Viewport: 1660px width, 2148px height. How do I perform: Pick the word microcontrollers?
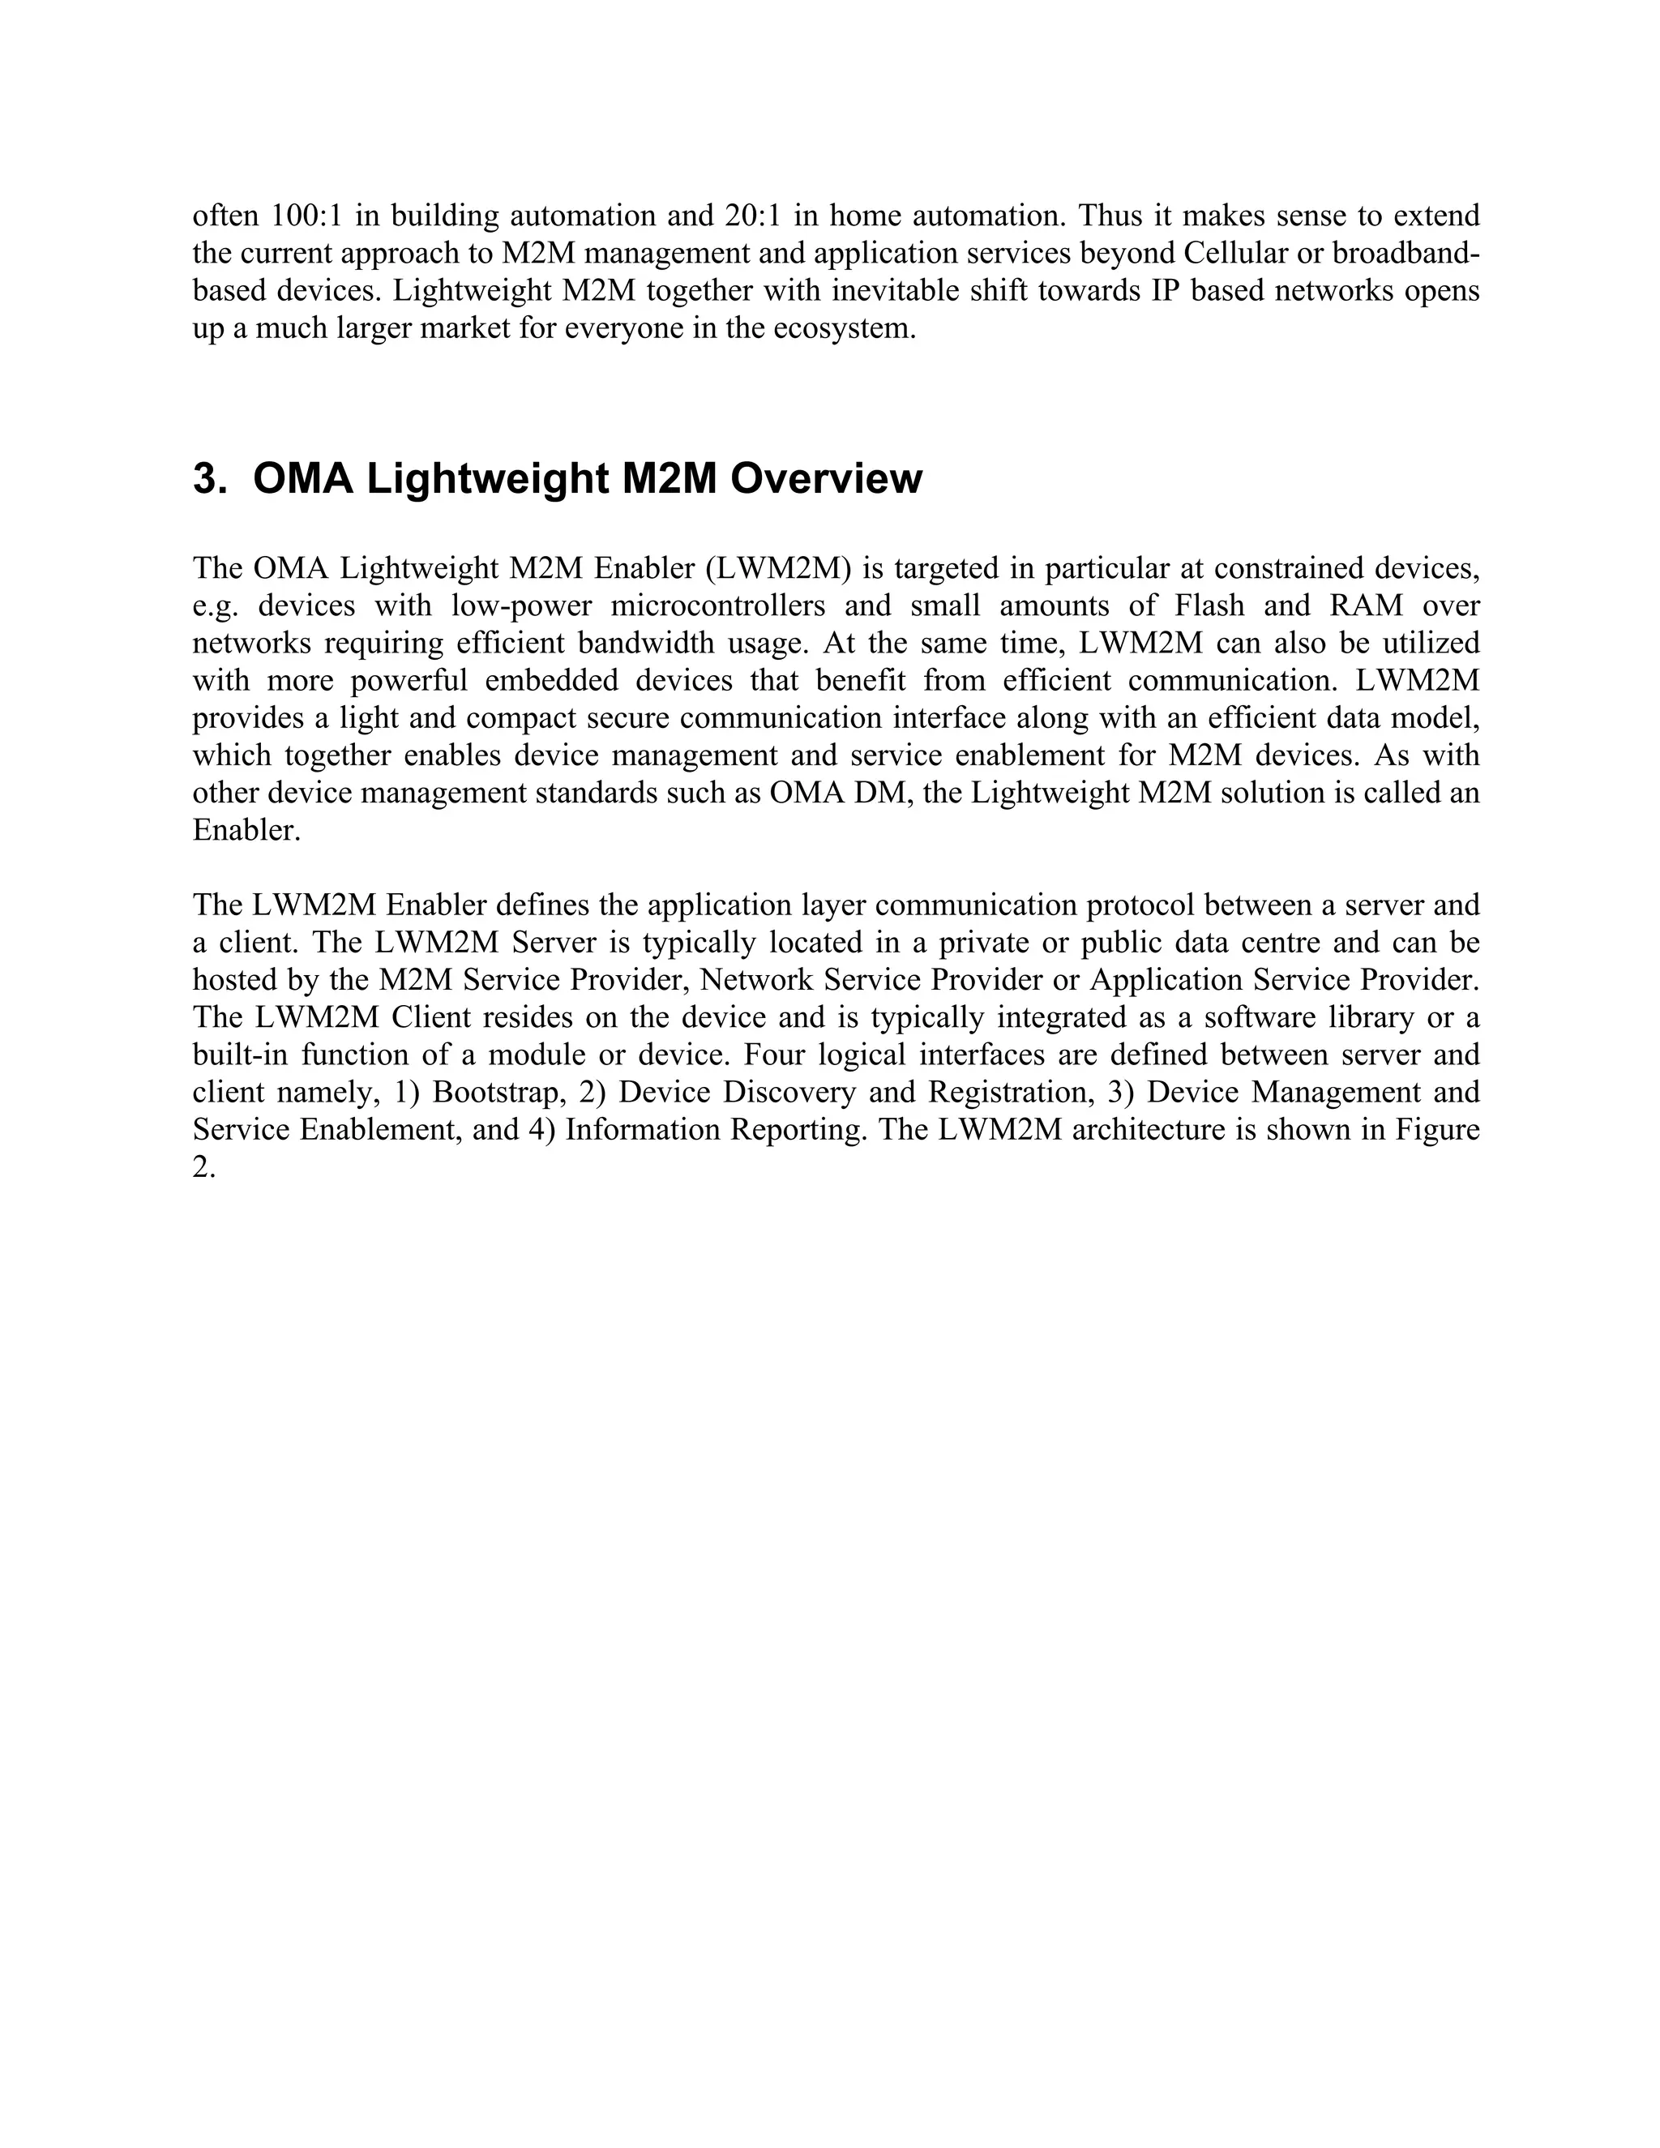[x=718, y=605]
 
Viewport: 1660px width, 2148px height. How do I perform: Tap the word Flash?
[x=1209, y=605]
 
